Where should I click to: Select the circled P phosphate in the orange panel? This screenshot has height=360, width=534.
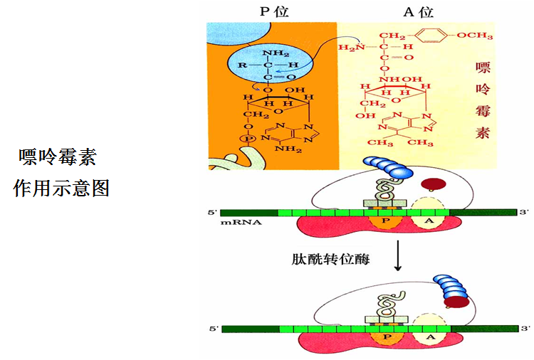click(249, 137)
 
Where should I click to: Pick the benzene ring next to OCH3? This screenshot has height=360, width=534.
click(436, 34)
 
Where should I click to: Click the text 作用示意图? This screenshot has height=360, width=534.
click(61, 189)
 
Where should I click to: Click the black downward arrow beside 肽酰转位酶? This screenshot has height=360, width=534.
click(398, 259)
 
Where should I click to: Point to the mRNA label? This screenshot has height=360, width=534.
click(241, 223)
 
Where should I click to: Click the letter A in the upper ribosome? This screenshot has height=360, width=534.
click(427, 221)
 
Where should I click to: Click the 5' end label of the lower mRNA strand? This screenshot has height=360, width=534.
click(213, 329)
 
